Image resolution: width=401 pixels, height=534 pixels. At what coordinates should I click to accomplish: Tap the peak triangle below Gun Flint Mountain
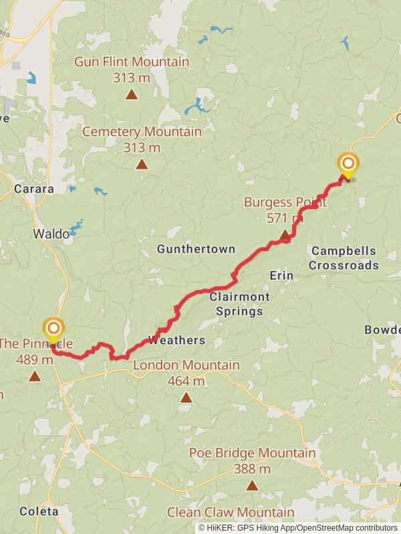132,94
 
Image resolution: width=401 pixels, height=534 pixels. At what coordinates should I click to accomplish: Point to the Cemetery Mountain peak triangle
142,164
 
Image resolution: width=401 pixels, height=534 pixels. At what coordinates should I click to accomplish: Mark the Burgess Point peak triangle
285,234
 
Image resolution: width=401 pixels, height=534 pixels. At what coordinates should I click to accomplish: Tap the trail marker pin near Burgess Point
348,164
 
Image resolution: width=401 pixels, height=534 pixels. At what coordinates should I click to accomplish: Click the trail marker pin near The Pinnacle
53,330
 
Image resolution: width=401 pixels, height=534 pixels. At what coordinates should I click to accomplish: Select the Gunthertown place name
196,249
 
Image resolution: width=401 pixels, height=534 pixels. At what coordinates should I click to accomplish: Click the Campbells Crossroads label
344,258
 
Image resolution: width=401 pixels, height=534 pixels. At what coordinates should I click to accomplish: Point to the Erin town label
281,276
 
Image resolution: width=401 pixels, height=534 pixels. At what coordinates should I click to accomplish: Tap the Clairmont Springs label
239,304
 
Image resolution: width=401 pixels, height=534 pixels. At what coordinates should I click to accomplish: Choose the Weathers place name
176,340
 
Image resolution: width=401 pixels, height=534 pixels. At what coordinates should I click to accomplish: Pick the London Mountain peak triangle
186,398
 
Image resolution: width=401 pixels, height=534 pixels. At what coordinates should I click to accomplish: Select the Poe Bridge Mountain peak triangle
252,485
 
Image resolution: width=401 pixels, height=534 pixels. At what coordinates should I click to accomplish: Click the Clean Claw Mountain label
231,513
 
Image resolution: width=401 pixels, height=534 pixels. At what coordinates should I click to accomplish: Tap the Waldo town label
51,234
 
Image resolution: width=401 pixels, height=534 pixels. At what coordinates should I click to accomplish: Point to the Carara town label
34,189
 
